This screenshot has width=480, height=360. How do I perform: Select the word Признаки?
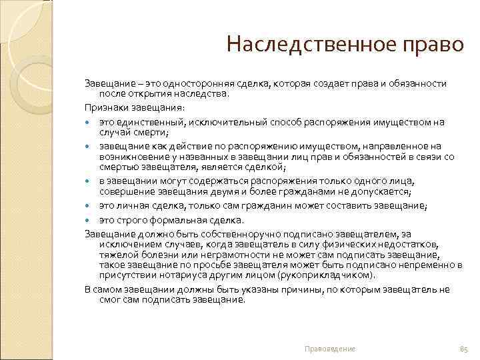[104, 107]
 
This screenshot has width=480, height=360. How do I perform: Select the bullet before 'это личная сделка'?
[89, 207]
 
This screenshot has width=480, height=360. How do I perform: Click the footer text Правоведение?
[330, 349]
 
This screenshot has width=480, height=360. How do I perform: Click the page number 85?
[465, 349]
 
